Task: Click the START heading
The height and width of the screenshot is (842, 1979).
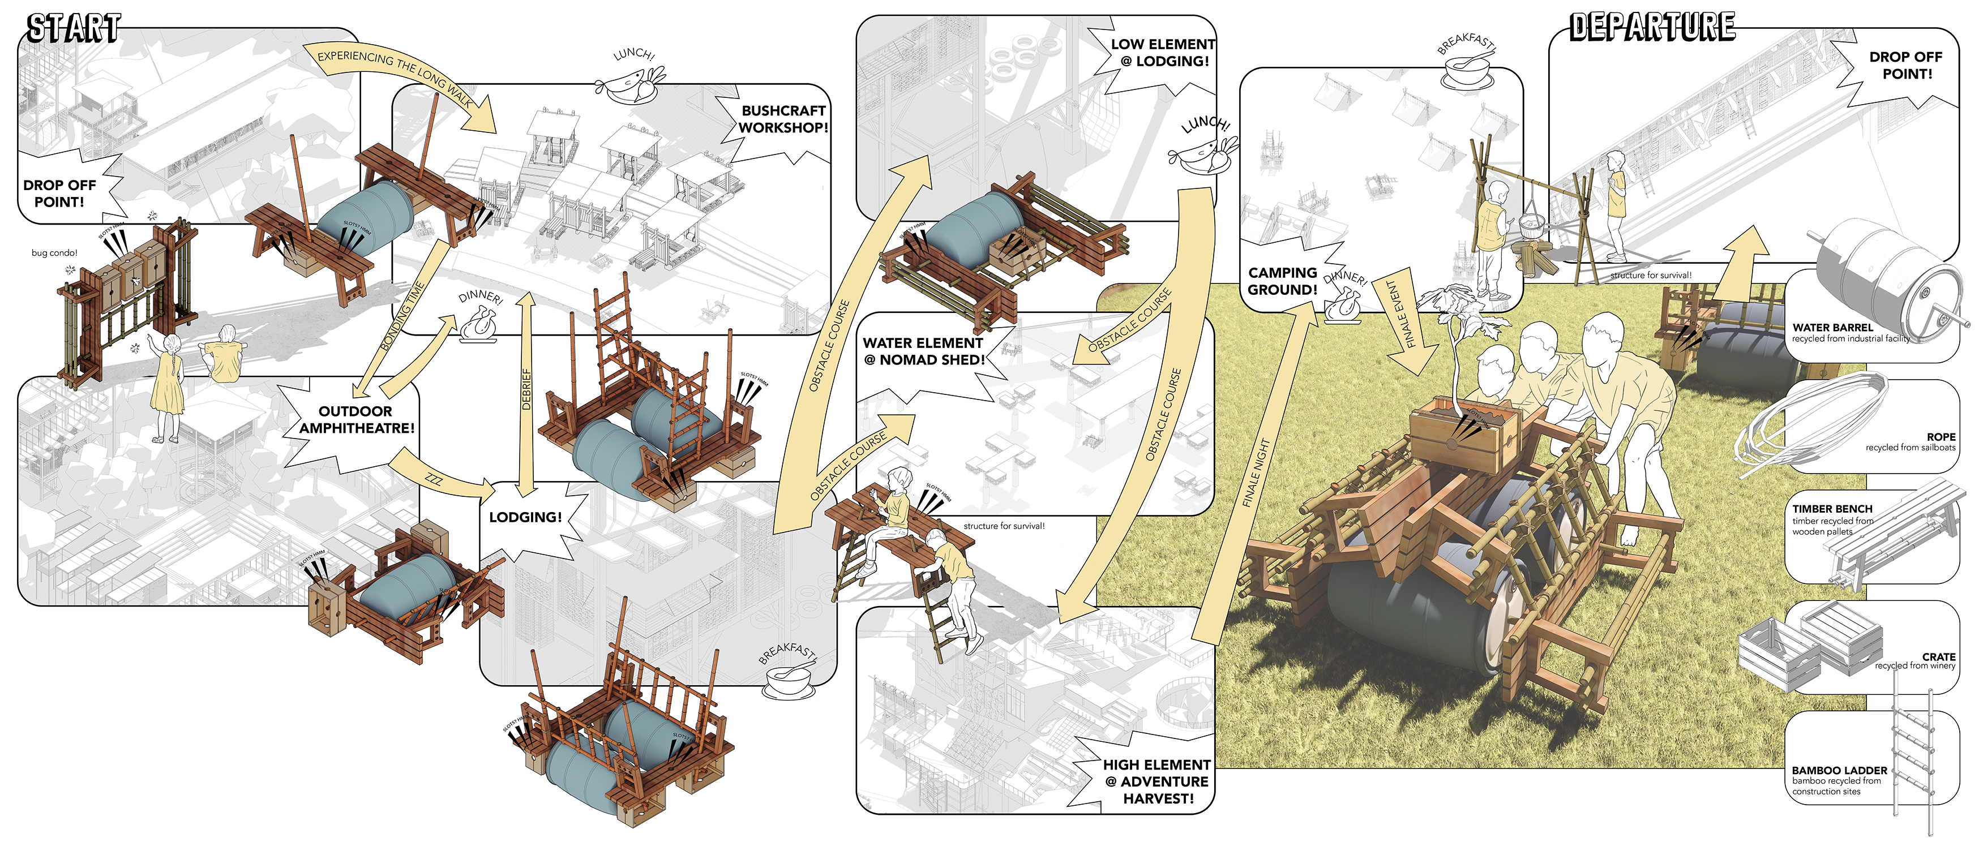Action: coord(73,29)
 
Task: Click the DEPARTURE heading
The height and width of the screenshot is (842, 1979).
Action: coord(1652,28)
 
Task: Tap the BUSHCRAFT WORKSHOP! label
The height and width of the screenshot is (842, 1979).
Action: coord(783,119)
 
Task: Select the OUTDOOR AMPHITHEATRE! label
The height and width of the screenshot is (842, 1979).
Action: coord(355,419)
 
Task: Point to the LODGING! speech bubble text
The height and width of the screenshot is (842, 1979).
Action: coord(525,517)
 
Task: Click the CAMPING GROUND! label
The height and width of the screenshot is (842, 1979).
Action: coord(1282,281)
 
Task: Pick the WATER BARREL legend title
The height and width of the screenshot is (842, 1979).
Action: coord(1832,327)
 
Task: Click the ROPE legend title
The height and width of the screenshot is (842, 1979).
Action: coord(1941,436)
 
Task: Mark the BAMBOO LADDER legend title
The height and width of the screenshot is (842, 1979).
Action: coord(1839,770)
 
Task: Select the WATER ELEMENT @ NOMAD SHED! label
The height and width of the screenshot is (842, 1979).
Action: coord(923,351)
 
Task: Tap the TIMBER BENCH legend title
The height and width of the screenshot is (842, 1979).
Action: coord(1832,509)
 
